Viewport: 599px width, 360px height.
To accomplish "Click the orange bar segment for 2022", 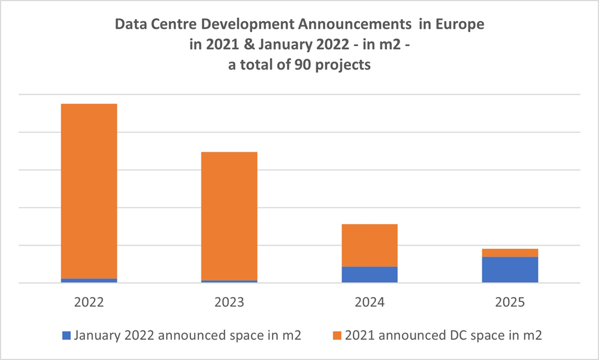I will [89, 190].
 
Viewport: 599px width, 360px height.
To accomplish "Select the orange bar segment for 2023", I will [229, 216].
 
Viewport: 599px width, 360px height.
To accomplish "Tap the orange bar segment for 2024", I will [370, 245].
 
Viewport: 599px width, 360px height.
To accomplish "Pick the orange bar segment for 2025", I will [510, 253].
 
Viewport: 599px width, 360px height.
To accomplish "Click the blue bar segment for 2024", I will [370, 274].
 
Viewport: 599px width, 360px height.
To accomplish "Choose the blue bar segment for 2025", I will [510, 270].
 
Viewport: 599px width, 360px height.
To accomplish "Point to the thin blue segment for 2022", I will [89, 280].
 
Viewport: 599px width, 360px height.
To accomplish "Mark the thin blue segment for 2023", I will [229, 282].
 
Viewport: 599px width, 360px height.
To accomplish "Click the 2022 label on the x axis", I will [89, 302].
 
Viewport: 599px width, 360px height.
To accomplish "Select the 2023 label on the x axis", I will [229, 302].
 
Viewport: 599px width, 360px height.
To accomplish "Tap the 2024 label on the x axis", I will [370, 302].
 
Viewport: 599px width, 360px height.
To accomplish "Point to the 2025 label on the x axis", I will [510, 302].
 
